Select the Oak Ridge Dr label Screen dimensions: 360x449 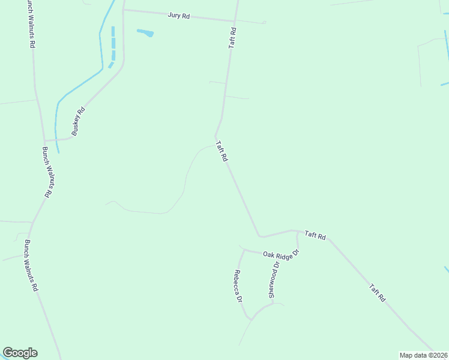click(x=280, y=254)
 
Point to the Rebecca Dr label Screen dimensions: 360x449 click(x=238, y=286)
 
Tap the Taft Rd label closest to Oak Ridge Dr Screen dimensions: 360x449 click(x=315, y=236)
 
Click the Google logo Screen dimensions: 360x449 click(x=20, y=353)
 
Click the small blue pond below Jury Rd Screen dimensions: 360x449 click(x=145, y=32)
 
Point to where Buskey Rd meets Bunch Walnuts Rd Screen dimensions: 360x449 click(x=45, y=140)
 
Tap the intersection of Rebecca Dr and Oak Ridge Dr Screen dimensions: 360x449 click(x=244, y=250)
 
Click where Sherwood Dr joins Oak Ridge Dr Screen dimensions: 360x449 click(x=298, y=247)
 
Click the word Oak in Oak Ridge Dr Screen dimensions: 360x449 click(x=268, y=254)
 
